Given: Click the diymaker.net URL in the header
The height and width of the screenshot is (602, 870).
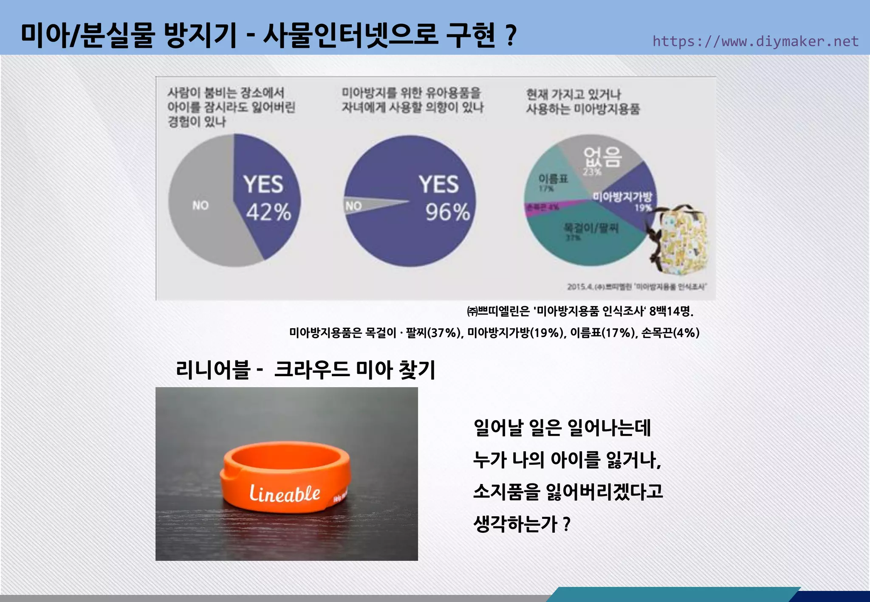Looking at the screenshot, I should pyautogui.click(x=755, y=42).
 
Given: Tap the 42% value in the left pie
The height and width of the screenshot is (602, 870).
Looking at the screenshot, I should pyautogui.click(x=268, y=212).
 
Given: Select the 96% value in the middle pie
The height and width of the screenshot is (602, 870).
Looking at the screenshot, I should pyautogui.click(x=448, y=212).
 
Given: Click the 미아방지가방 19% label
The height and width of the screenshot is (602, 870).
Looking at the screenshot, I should pyautogui.click(x=622, y=197).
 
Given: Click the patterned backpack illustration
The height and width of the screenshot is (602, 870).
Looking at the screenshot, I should pyautogui.click(x=680, y=240).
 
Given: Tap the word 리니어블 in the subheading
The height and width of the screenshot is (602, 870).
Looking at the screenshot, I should pyautogui.click(x=212, y=369).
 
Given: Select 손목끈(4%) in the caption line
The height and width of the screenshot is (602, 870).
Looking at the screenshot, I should pyautogui.click(x=670, y=333).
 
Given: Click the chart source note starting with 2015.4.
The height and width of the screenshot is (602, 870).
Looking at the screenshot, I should pyautogui.click(x=636, y=287).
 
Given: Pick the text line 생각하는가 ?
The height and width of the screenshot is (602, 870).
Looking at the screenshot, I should pyautogui.click(x=522, y=524).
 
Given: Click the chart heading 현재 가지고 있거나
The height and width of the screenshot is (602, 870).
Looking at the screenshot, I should pyautogui.click(x=573, y=94).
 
